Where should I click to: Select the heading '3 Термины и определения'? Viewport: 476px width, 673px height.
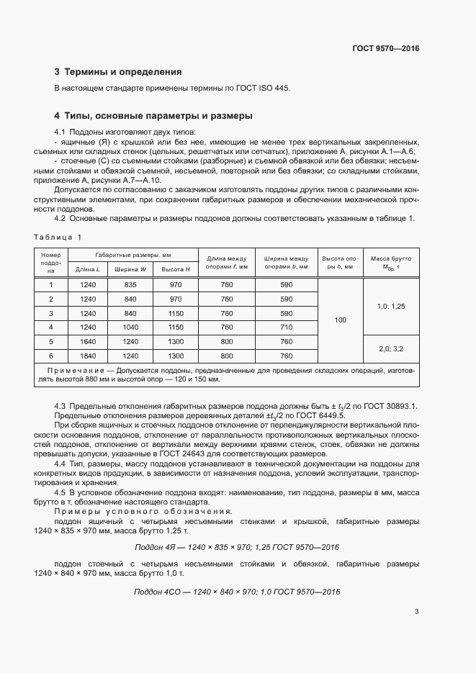118,72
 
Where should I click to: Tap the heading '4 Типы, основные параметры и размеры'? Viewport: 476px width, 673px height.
153,115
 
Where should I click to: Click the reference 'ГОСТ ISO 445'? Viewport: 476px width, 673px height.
263,89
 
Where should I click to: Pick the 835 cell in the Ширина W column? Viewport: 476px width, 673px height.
130,285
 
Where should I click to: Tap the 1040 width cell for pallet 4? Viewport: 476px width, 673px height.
130,327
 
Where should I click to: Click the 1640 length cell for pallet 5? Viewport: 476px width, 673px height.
89,341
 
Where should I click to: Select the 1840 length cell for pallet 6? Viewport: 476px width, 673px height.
89,356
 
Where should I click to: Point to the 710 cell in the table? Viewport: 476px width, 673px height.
286,327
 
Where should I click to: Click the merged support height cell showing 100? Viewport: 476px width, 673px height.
341,320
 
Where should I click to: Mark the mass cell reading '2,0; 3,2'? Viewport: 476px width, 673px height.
391,348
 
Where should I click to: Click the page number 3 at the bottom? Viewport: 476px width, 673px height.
416,613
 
